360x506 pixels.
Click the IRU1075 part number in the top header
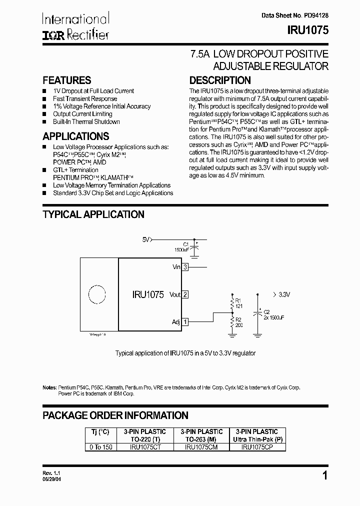point(307,29)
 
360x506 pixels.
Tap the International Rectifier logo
point(75,26)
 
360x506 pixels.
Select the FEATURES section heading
point(67,80)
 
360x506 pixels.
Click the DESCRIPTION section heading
point(220,80)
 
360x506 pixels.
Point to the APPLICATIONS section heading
point(76,136)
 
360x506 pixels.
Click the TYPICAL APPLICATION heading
point(93,214)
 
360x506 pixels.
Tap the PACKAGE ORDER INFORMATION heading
point(115,415)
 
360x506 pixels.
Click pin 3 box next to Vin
point(185,267)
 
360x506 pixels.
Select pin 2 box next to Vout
point(185,294)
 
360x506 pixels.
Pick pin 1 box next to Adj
point(185,321)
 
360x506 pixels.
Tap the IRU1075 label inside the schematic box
point(148,295)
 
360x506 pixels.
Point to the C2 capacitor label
point(266,312)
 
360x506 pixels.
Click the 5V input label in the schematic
point(146,239)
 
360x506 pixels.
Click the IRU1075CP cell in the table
point(256,447)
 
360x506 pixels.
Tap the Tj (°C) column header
point(99,431)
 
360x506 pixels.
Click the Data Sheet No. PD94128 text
point(295,16)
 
